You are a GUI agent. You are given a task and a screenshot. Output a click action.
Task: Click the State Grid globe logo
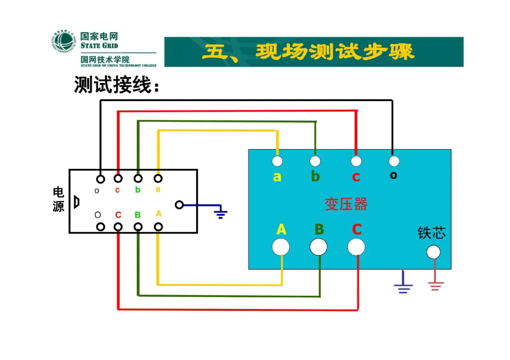click(63, 41)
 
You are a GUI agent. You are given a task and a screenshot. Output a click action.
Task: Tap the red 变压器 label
click(346, 204)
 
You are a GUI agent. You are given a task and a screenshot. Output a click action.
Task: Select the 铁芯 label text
click(431, 233)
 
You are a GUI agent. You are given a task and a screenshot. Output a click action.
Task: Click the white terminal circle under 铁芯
click(433, 252)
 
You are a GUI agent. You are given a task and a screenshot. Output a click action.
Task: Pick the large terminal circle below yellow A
click(280, 247)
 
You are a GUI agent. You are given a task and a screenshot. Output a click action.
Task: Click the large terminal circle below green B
click(318, 247)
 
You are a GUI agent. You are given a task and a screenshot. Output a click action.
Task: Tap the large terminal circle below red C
click(356, 247)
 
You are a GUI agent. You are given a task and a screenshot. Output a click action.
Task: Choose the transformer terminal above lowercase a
click(277, 161)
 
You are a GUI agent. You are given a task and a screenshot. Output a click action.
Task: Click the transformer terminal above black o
click(394, 161)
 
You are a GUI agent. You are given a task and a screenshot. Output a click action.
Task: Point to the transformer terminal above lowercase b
click(315, 161)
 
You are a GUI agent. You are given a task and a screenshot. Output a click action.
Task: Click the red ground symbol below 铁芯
click(435, 286)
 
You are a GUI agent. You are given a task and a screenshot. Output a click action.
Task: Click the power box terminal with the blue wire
click(179, 205)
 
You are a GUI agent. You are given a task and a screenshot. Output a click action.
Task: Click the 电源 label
click(58, 199)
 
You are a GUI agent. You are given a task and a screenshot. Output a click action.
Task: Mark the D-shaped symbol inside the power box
click(77, 202)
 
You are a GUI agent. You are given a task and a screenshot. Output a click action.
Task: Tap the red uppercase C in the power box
click(118, 215)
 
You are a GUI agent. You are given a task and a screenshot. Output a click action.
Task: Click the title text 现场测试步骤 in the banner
click(335, 51)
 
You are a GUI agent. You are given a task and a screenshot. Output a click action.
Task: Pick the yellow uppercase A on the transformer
click(281, 229)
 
